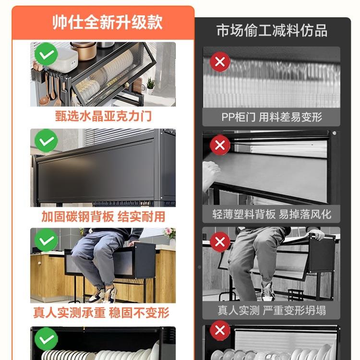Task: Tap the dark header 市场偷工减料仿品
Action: [x=272, y=31]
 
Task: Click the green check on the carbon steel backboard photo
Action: [x=46, y=142]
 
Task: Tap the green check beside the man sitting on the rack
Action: [x=46, y=240]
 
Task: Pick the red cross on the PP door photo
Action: [x=220, y=61]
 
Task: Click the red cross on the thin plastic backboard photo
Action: [x=220, y=145]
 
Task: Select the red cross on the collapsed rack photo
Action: [x=220, y=241]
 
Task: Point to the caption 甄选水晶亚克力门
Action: [x=103, y=116]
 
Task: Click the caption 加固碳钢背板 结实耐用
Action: [x=103, y=216]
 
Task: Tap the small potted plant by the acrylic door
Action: [x=151, y=86]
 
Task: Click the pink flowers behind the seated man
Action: [x=169, y=233]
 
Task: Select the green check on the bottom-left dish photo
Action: [x=46, y=339]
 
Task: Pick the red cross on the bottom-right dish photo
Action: [x=220, y=331]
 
